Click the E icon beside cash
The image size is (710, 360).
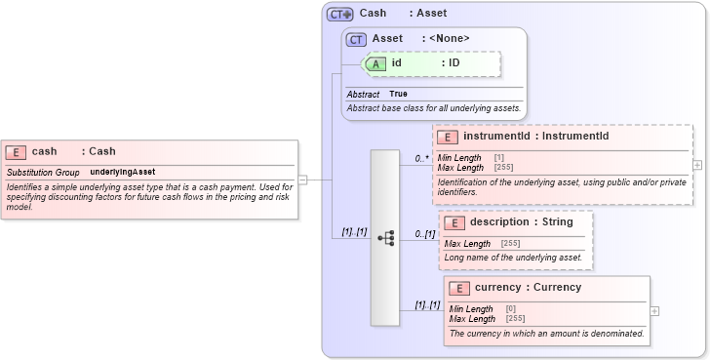click(x=16, y=151)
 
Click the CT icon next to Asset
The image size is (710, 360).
click(x=357, y=39)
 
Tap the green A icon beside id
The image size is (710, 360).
click(x=376, y=63)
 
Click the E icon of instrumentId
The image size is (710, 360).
click(x=450, y=137)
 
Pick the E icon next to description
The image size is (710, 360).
click(x=455, y=222)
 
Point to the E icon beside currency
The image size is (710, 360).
click(x=460, y=288)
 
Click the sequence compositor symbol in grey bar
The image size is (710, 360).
click(x=385, y=237)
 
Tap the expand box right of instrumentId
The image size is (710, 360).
click(x=697, y=165)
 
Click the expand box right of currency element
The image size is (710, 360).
click(x=654, y=311)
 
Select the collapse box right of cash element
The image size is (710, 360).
click(x=302, y=180)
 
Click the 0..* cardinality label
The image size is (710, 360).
click(x=422, y=158)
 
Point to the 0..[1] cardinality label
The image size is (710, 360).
click(x=424, y=234)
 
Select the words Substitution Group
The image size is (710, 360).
click(x=43, y=172)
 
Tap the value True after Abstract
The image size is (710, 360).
click(x=398, y=94)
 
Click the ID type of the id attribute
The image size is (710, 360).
click(x=454, y=63)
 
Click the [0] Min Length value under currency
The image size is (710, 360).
click(x=511, y=309)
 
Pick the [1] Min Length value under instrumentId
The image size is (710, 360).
click(x=499, y=158)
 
